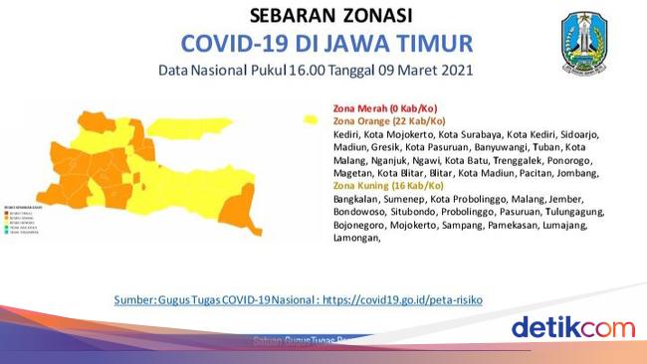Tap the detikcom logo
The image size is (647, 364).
coord(572,327)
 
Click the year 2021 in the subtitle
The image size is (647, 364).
coord(451,72)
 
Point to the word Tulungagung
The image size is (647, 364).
coord(558,212)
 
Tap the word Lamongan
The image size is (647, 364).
coord(356,238)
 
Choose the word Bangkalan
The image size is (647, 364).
coord(356,199)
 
